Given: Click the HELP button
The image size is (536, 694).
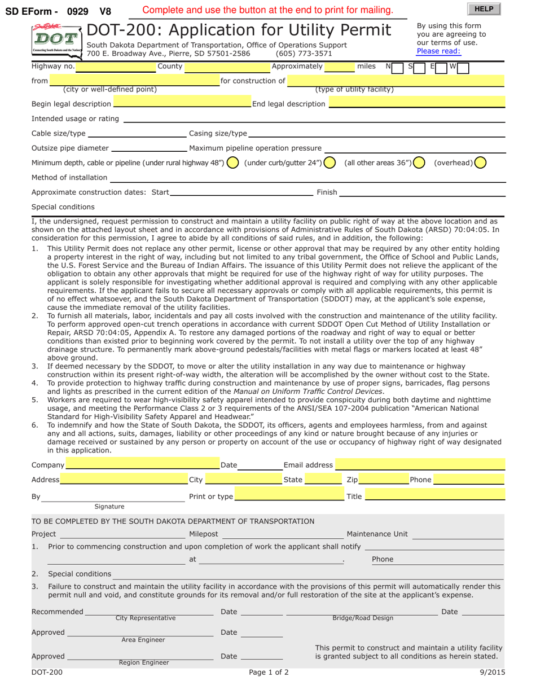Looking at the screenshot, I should click(484, 8).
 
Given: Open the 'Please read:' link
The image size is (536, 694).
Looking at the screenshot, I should click(438, 51).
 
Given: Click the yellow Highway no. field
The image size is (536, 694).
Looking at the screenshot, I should click(115, 67).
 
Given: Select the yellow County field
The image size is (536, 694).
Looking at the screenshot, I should click(227, 67).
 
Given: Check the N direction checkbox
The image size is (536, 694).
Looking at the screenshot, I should click(397, 67).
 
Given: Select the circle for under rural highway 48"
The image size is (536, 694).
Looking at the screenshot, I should click(232, 163).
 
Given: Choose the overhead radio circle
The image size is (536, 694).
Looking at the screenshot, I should click(480, 163).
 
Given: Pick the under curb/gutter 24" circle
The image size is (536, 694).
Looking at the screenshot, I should click(330, 163).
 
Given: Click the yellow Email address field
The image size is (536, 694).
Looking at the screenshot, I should click(420, 465).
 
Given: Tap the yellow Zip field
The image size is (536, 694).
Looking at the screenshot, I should click(384, 480).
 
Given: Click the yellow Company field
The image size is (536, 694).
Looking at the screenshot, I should click(142, 465).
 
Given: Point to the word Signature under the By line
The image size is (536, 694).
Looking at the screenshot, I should click(109, 507).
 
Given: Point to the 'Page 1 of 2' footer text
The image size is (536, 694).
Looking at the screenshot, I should click(269, 673).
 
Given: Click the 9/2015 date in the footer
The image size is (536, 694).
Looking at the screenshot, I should click(492, 673).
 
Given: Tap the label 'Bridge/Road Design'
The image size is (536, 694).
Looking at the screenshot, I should click(363, 618).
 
